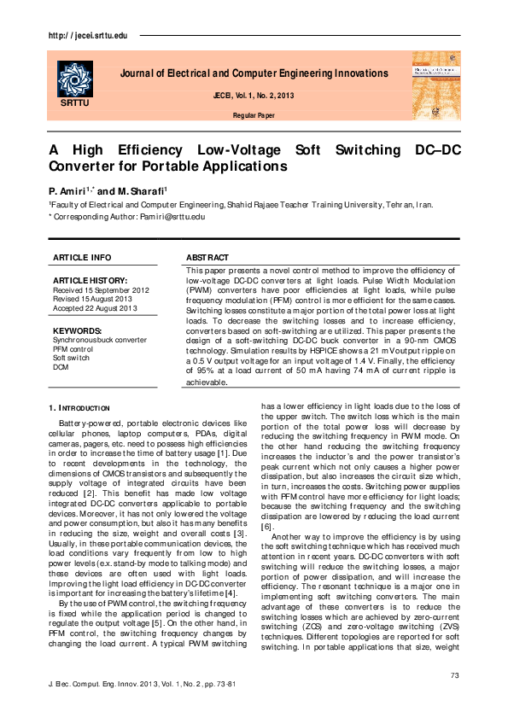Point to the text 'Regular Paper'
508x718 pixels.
coord(254,114)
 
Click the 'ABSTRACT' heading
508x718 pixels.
coord(207,257)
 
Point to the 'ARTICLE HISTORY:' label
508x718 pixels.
coord(90,280)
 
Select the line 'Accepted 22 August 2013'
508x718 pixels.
coord(95,307)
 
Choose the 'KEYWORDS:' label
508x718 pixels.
coord(78,330)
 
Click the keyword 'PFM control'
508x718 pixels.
coord(73,348)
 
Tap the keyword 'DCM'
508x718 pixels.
coord(61,367)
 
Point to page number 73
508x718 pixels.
coord(454,675)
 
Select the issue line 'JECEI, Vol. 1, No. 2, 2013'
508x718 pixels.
coord(254,95)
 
